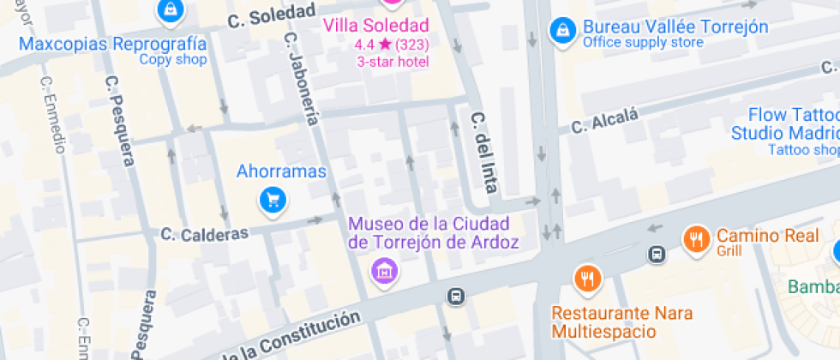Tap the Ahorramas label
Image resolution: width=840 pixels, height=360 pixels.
click(x=281, y=171)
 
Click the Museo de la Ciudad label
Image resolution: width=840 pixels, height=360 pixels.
click(x=434, y=232)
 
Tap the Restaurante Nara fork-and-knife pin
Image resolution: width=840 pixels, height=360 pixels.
click(x=587, y=279)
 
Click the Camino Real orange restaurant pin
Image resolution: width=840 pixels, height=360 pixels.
click(x=696, y=239)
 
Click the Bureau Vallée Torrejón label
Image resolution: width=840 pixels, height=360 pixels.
click(x=675, y=27)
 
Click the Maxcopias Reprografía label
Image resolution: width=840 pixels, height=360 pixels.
click(x=112, y=45)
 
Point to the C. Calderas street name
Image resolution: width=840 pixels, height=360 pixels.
click(x=204, y=233)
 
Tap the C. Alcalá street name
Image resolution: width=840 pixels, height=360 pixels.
click(x=605, y=122)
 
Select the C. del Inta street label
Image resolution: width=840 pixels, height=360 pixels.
click(x=484, y=151)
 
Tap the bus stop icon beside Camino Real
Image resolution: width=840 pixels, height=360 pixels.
click(x=657, y=254)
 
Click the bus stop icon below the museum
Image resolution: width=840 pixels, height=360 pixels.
click(x=456, y=296)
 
